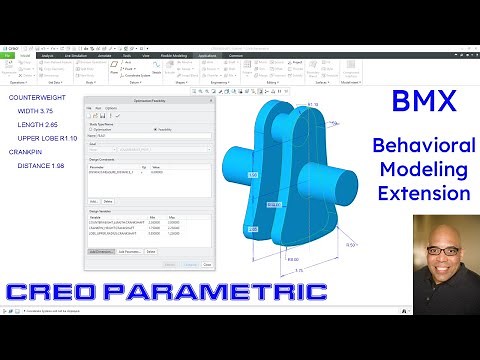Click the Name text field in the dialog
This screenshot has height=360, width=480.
(x=150, y=136)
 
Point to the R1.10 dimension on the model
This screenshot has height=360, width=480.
(x=312, y=102)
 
